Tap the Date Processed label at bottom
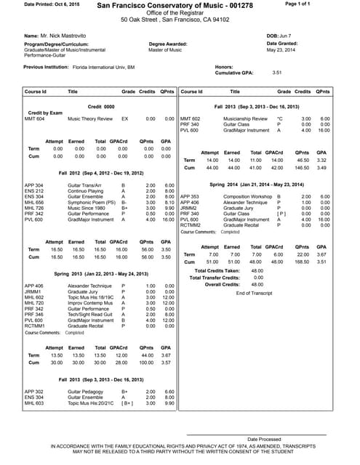pyautogui.click(x=264, y=440)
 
